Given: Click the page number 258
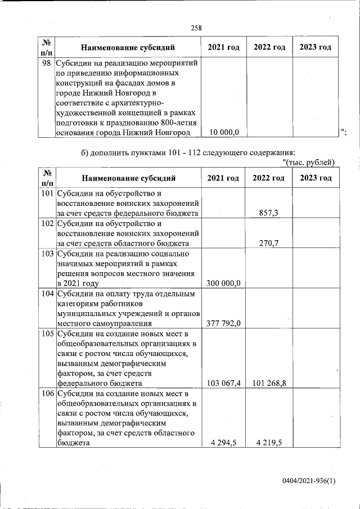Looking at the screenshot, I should point(196,28).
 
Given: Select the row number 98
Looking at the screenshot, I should point(47,64).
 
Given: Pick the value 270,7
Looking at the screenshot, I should point(269,243).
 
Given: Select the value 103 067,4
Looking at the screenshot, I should point(224,383).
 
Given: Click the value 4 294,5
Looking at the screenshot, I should point(224,443).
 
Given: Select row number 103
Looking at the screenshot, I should point(47,254).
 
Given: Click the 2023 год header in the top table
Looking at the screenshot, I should point(315,47).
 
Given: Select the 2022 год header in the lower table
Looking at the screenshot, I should point(269,178).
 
